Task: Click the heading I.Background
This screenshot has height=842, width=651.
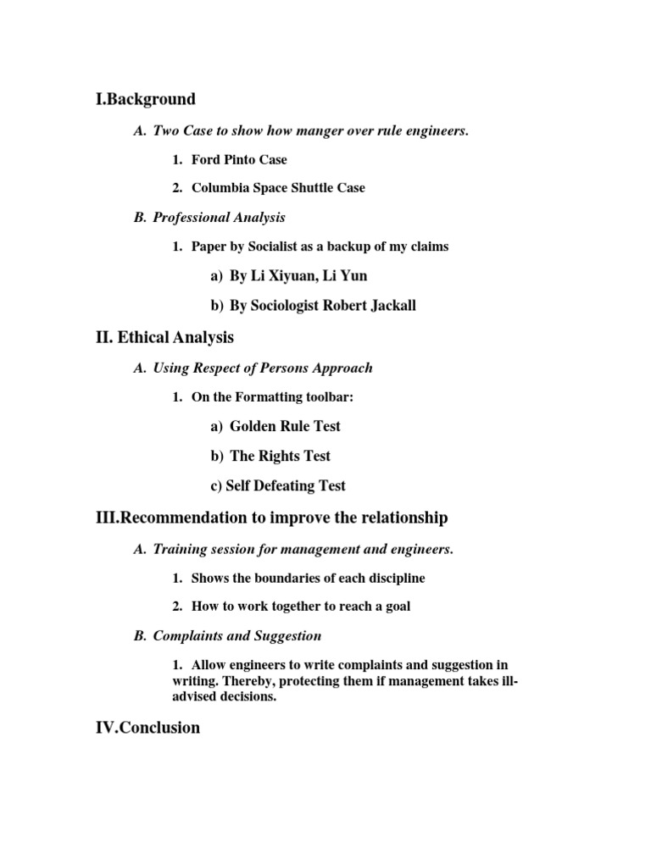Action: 146,99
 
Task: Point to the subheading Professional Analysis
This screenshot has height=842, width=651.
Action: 219,218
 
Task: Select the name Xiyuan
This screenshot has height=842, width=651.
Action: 290,275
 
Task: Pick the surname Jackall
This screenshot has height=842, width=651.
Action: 390,306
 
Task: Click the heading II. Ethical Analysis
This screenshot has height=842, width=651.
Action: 165,337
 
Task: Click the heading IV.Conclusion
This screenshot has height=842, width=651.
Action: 148,727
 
